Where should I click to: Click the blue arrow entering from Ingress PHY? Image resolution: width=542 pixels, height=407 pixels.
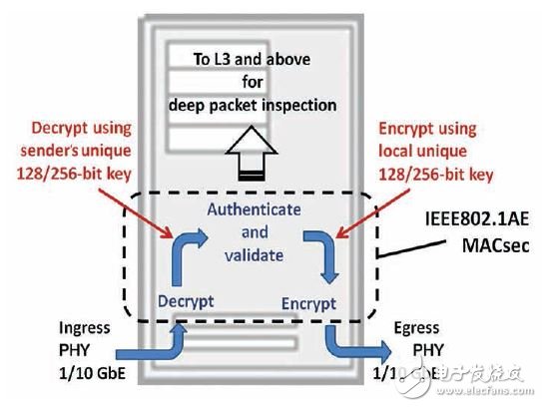[151, 349]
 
